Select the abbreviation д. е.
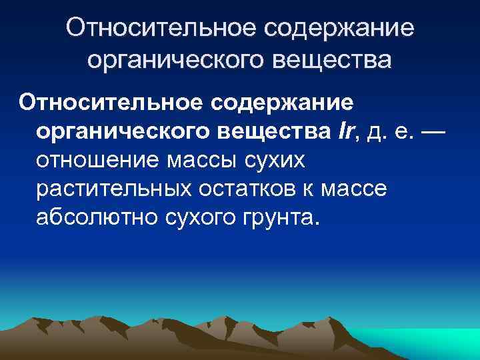(397, 132)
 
